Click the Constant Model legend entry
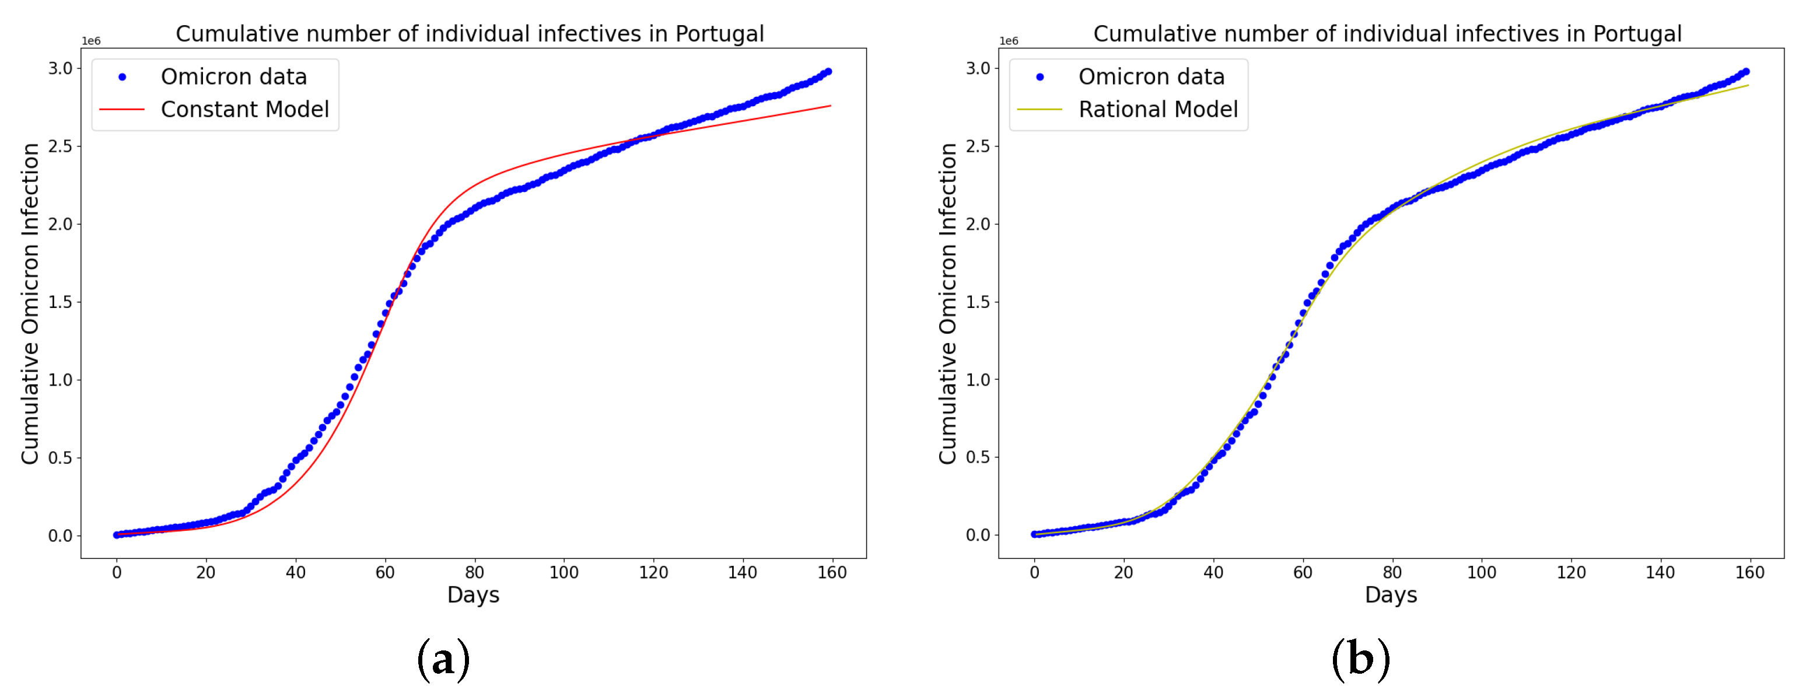coord(244,110)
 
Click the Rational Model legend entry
coord(1157,110)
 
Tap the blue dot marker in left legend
coord(123,77)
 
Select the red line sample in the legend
coord(123,110)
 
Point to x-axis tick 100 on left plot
coord(563,573)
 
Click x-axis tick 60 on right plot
coord(1303,573)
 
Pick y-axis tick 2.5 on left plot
coord(60,146)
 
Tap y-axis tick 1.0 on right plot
coord(978,380)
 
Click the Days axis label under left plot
coord(473,595)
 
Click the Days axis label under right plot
coord(1391,595)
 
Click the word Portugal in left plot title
coord(719,33)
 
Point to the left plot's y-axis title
coord(29,303)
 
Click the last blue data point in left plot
coord(828,72)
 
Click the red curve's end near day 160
coord(829,106)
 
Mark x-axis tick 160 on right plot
coord(1749,573)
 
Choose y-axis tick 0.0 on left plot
coord(60,536)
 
